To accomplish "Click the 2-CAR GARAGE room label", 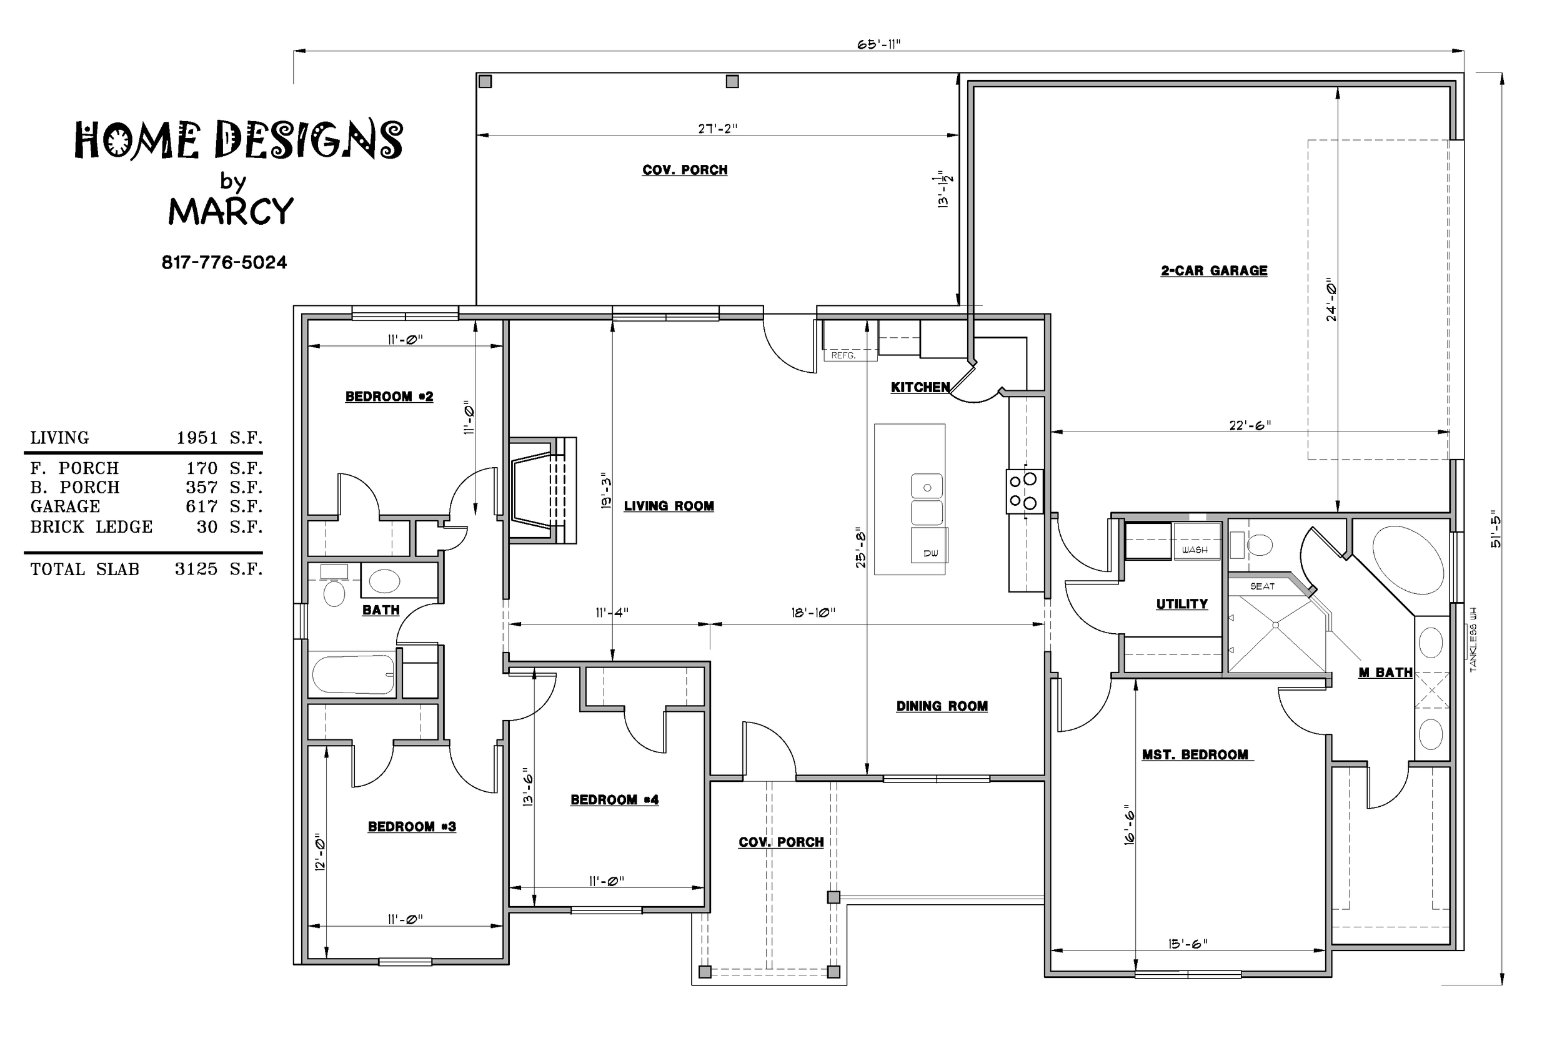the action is [1214, 271].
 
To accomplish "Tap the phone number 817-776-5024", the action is [224, 263].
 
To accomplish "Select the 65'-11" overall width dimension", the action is [878, 44].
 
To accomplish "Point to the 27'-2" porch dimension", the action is [717, 129].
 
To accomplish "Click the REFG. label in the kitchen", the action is [843, 355].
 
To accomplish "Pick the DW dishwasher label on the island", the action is [930, 553].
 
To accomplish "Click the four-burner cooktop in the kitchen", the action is [1024, 491].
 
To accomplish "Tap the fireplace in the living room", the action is [542, 491].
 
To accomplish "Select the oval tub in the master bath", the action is [1407, 560].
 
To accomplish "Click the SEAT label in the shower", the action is [1262, 586].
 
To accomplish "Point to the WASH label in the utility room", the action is [1195, 550].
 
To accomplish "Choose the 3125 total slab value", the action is [196, 569].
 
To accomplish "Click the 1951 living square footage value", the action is [197, 438].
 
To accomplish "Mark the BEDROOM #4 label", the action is [614, 800].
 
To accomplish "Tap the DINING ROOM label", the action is [942, 706].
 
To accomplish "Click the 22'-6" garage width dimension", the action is [1250, 425].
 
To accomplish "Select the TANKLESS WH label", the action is [1473, 639].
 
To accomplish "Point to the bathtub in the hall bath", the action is [352, 674].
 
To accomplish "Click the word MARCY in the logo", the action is [231, 211].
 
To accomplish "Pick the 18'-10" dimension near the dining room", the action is [813, 612].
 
